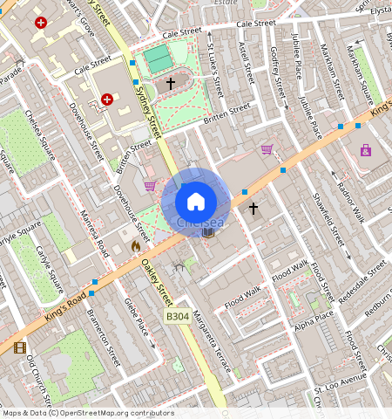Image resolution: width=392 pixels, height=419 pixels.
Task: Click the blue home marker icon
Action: (x=196, y=201)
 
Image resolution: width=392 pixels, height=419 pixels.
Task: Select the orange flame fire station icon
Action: (x=135, y=247)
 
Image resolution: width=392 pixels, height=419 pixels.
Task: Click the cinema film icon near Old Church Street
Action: (x=20, y=347)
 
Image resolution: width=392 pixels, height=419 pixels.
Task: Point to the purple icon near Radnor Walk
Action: (x=365, y=150)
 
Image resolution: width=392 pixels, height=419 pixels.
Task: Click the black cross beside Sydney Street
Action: (x=171, y=83)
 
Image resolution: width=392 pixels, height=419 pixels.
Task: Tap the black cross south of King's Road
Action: (x=253, y=209)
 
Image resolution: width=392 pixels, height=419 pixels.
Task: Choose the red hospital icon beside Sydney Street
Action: (x=107, y=100)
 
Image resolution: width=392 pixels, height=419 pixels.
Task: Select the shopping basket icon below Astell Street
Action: (x=267, y=149)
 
